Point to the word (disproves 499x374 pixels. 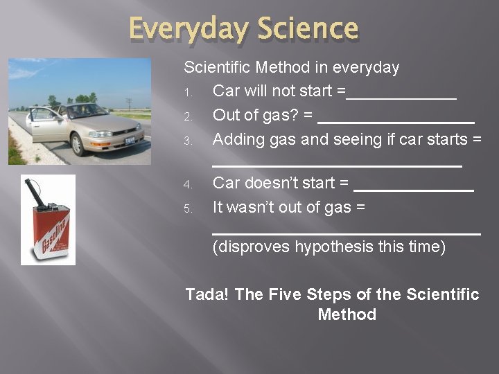pyautogui.click(x=252, y=247)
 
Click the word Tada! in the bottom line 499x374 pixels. pyautogui.click(x=207, y=294)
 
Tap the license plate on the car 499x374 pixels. pyautogui.click(x=130, y=141)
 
